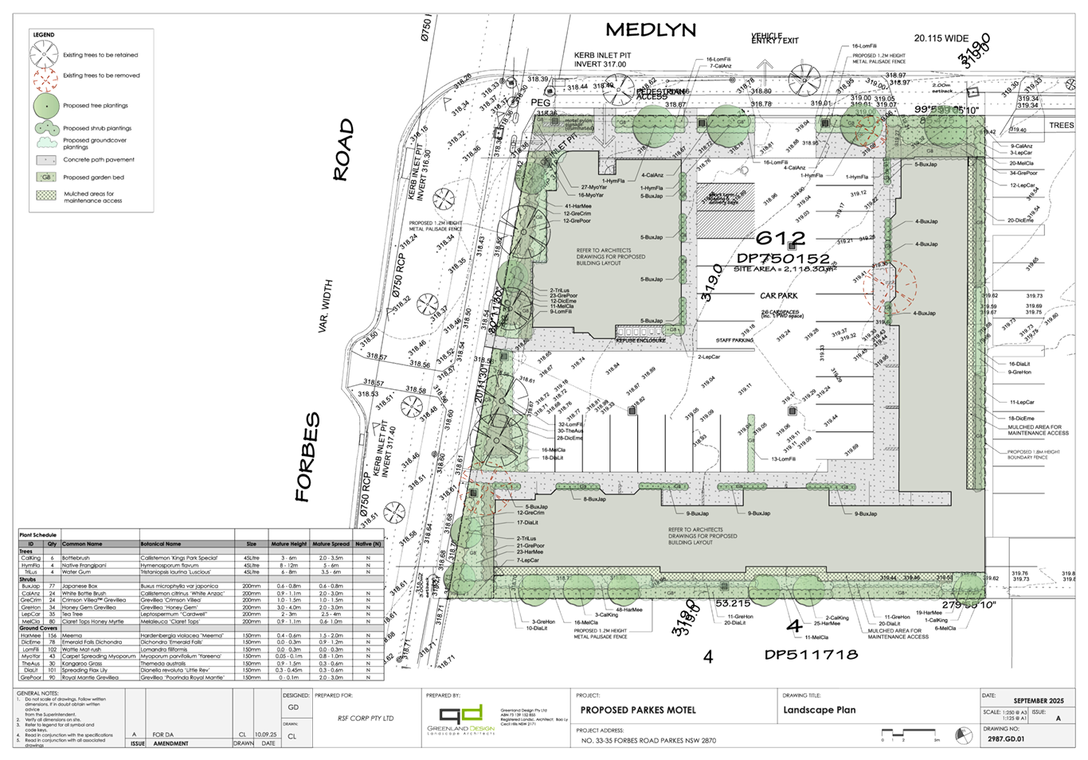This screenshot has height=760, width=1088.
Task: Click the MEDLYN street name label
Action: pos(651,30)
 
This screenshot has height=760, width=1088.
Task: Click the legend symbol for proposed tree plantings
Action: pos(46,105)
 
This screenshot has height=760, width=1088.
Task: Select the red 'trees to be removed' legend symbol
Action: pos(46,76)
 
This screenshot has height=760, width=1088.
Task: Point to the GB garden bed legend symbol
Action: pos(46,177)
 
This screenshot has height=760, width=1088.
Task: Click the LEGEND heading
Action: pos(43,36)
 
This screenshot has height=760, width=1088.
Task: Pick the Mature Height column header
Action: pos(288,543)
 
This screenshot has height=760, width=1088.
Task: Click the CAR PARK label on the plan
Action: pos(778,294)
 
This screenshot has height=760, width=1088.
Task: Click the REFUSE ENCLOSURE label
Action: pos(640,340)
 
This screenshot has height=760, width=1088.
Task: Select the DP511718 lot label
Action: pos(811,655)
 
